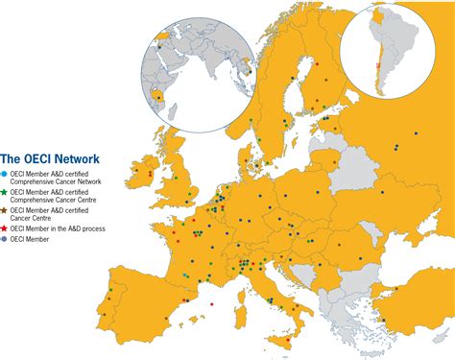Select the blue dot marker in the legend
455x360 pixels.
[5, 173]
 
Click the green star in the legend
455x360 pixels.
[5, 192]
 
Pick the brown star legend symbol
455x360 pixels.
[5, 209]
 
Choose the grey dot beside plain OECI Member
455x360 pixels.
[5, 238]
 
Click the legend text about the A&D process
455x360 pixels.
[59, 228]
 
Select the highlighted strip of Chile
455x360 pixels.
[378, 72]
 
